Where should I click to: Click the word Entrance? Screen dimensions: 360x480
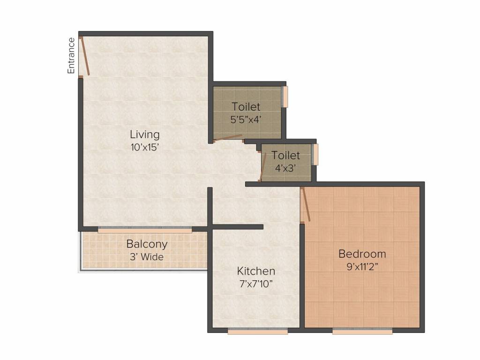pyautogui.click(x=71, y=55)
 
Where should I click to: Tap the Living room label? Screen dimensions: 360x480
pyautogui.click(x=145, y=135)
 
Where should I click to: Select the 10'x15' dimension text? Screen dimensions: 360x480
pyautogui.click(x=145, y=146)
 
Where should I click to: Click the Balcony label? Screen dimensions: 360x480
pyautogui.click(x=147, y=244)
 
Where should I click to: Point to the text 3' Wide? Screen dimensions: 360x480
pyautogui.click(x=147, y=256)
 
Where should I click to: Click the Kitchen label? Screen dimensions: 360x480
pyautogui.click(x=256, y=271)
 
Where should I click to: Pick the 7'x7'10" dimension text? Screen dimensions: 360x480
pyautogui.click(x=256, y=283)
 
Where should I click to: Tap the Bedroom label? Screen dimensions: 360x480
pyautogui.click(x=362, y=254)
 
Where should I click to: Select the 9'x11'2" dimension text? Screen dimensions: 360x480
pyautogui.click(x=362, y=267)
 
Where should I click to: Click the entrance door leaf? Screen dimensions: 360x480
pyautogui.click(x=85, y=56)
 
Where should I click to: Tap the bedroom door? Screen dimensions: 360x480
pyautogui.click(x=305, y=204)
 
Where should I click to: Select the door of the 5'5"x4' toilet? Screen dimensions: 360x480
pyautogui.click(x=228, y=138)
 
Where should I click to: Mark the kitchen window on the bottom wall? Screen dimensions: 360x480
pyautogui.click(x=258, y=331)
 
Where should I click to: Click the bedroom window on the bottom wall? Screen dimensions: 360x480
pyautogui.click(x=362, y=331)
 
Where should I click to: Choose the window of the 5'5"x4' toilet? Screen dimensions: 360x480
pyautogui.click(x=285, y=96)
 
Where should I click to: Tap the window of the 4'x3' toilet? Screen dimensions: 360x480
pyautogui.click(x=315, y=154)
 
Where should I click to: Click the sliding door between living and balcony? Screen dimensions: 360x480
pyautogui.click(x=145, y=230)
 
